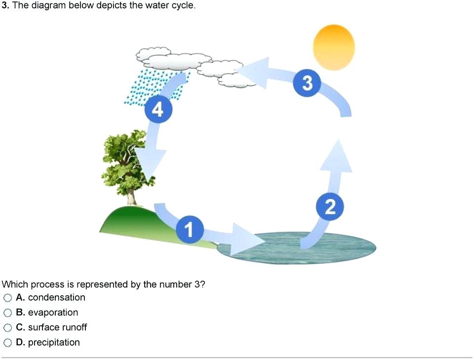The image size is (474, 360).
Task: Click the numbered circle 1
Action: pyautogui.click(x=188, y=229)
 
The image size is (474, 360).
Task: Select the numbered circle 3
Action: pyautogui.click(x=307, y=84)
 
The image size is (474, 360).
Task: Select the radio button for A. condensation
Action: pyautogui.click(x=7, y=298)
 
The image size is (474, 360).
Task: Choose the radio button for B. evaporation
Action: pyautogui.click(x=7, y=313)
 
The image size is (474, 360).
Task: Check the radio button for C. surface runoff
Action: pyautogui.click(x=7, y=327)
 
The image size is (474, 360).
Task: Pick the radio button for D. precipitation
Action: pyautogui.click(x=7, y=343)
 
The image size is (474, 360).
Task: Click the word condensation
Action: pyautogui.click(x=56, y=297)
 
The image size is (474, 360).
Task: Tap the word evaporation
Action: pyautogui.click(x=53, y=313)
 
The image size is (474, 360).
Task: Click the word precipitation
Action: pyautogui.click(x=54, y=342)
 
